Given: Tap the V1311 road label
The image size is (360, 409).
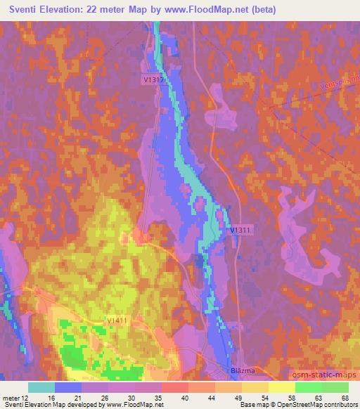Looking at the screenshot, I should [x=240, y=230].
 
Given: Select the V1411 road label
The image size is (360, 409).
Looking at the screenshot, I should [x=117, y=320].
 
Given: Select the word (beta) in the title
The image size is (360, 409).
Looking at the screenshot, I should [x=262, y=11].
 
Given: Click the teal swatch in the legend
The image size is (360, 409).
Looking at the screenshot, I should [x=41, y=387].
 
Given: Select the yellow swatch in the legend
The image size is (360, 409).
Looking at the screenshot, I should [x=282, y=387].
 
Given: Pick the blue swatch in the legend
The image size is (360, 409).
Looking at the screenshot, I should [x=68, y=387].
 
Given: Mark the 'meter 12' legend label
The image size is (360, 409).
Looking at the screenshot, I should [x=16, y=398].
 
